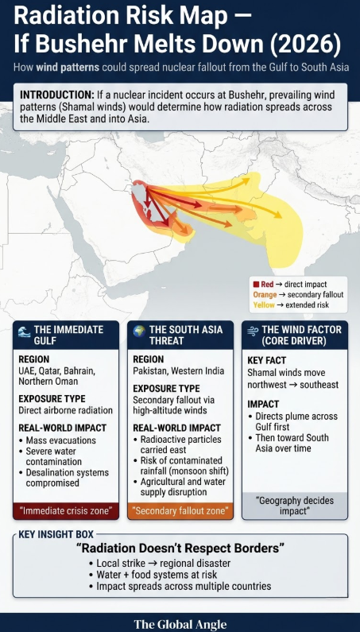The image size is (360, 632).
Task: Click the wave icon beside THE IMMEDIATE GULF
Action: point(24,329)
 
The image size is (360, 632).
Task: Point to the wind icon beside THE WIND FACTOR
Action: point(253,329)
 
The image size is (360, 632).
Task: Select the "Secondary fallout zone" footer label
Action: point(180,510)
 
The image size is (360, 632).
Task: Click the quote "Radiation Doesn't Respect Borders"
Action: point(180,549)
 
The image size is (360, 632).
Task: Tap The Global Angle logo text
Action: point(180,624)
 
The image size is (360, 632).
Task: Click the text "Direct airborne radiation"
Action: point(66,411)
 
